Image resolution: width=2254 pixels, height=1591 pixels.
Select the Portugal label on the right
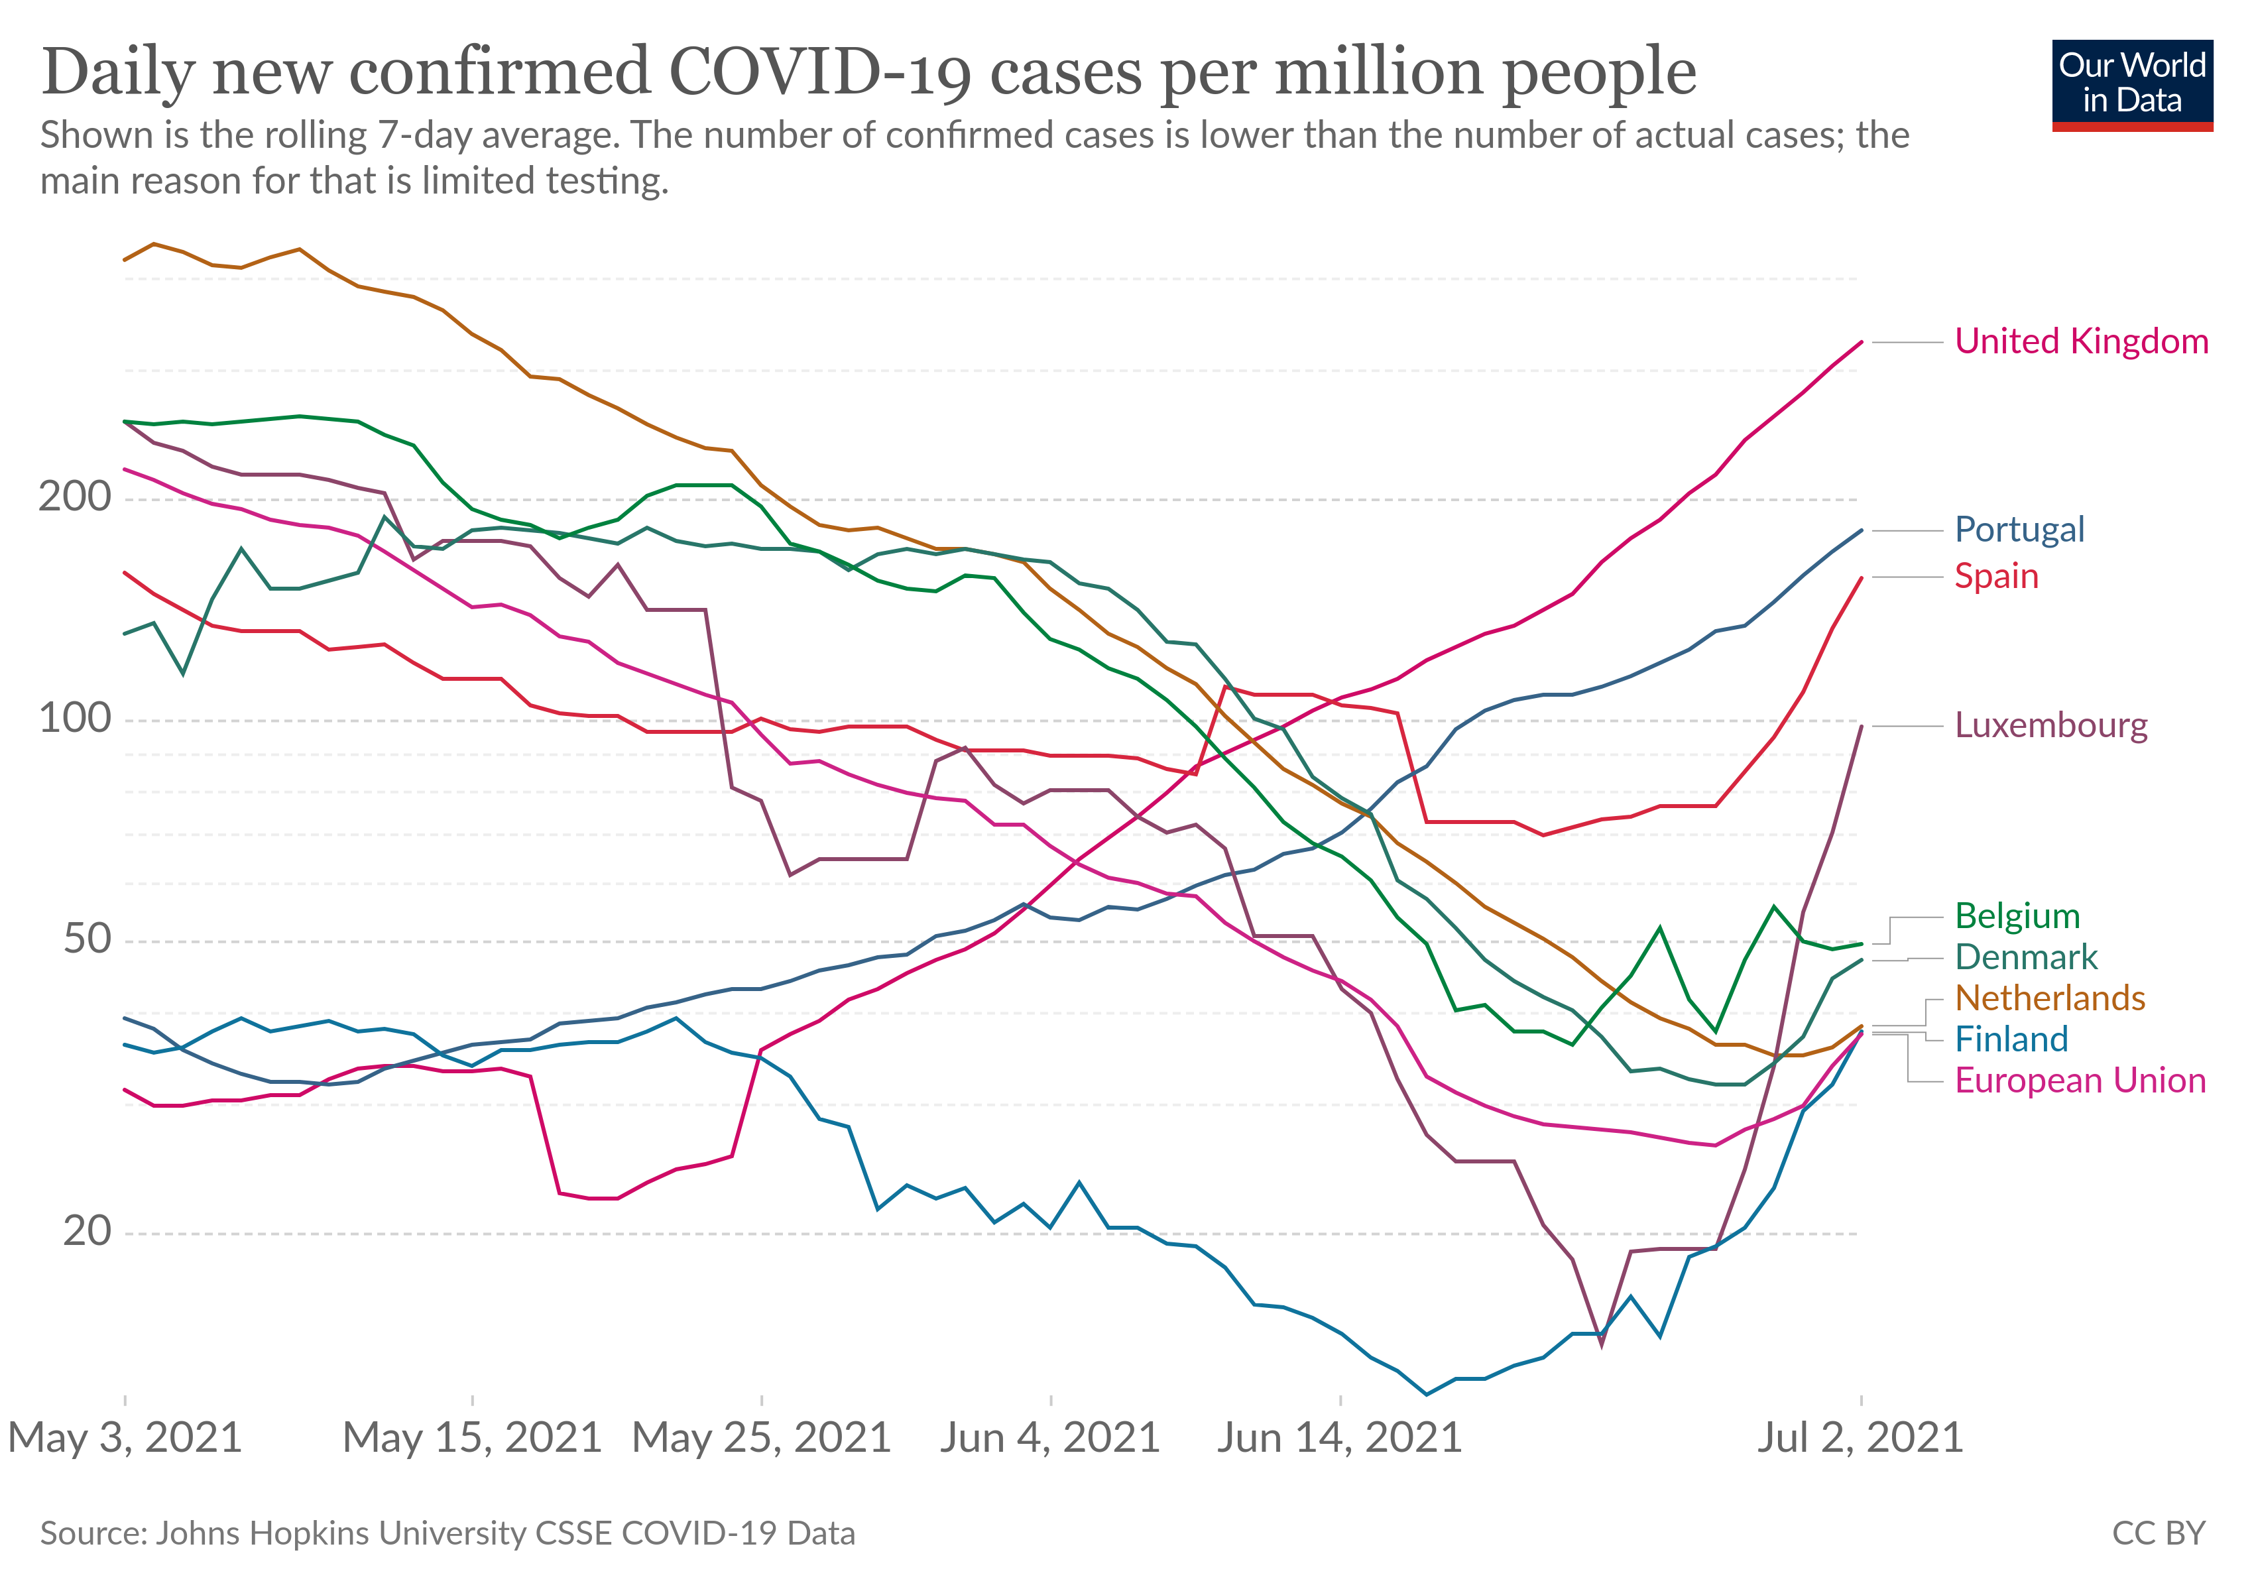pyautogui.click(x=2019, y=530)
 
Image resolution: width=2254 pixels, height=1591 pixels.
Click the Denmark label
pyautogui.click(x=2025, y=957)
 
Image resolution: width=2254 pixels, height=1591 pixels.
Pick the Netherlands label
pyautogui.click(x=2050, y=998)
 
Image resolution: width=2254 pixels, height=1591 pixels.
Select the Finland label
pyautogui.click(x=2011, y=1039)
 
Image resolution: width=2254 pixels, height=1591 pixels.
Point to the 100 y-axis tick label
pyautogui.click(x=75, y=719)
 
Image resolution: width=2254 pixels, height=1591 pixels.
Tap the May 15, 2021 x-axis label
pyautogui.click(x=471, y=1439)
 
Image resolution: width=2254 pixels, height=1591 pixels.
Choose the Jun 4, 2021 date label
pyautogui.click(x=1049, y=1439)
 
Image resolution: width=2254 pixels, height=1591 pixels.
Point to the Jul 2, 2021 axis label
pyautogui.click(x=1860, y=1439)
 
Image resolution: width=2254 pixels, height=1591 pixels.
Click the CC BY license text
pyautogui.click(x=2158, y=1533)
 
